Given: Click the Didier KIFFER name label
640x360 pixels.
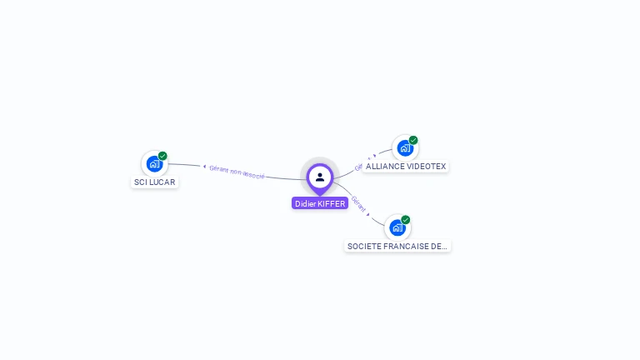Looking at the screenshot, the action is (320, 203).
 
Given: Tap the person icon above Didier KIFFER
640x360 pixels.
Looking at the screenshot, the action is (320, 177).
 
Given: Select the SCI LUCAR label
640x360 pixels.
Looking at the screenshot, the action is (155, 182).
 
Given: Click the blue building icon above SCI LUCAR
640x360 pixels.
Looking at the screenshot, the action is (153, 163).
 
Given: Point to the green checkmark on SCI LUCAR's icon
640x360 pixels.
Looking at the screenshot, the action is (162, 156).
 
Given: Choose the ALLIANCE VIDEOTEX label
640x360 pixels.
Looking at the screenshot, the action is (406, 167).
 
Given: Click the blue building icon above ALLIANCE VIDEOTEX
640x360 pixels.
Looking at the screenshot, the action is (404, 148).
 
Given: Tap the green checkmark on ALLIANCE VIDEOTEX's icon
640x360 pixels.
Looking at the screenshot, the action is (413, 140).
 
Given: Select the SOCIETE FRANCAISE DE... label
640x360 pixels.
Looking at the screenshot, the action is (397, 247).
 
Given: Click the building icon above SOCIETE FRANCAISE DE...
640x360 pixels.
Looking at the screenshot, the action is (397, 227).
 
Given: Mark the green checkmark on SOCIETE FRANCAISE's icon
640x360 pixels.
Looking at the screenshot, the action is (406, 220).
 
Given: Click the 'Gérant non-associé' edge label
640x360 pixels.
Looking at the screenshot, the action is (237, 171).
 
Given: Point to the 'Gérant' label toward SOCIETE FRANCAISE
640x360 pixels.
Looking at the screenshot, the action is (357, 202).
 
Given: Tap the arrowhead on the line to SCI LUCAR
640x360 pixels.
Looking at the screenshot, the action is (204, 167).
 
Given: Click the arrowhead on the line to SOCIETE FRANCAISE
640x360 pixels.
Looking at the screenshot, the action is (368, 214).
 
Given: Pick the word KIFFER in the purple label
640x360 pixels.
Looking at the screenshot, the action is (332, 203).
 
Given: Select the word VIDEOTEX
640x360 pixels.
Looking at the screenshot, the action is (427, 167).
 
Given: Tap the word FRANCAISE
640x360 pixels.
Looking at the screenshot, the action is (405, 247).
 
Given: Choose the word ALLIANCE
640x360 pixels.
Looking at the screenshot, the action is (385, 167).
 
